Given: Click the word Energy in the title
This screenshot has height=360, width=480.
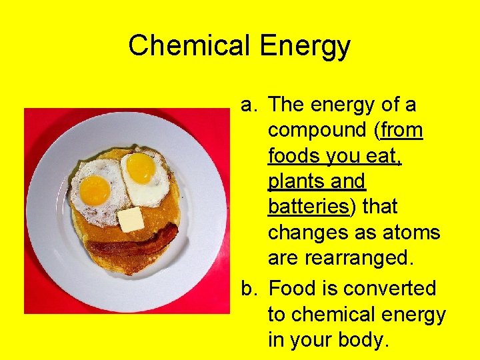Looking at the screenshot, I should [x=305, y=46].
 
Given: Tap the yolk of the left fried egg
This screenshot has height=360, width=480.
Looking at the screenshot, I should [x=95, y=190].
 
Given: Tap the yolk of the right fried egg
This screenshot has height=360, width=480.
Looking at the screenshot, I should [x=141, y=168].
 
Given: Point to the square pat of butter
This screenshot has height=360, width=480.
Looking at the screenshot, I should [x=131, y=219].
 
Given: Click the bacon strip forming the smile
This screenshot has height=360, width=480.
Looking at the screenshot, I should [x=133, y=245].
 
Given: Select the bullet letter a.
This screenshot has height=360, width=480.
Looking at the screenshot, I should [x=248, y=105].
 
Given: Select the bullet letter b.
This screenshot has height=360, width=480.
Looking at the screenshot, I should [x=248, y=289].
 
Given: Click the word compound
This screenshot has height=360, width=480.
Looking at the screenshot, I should [x=319, y=131].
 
